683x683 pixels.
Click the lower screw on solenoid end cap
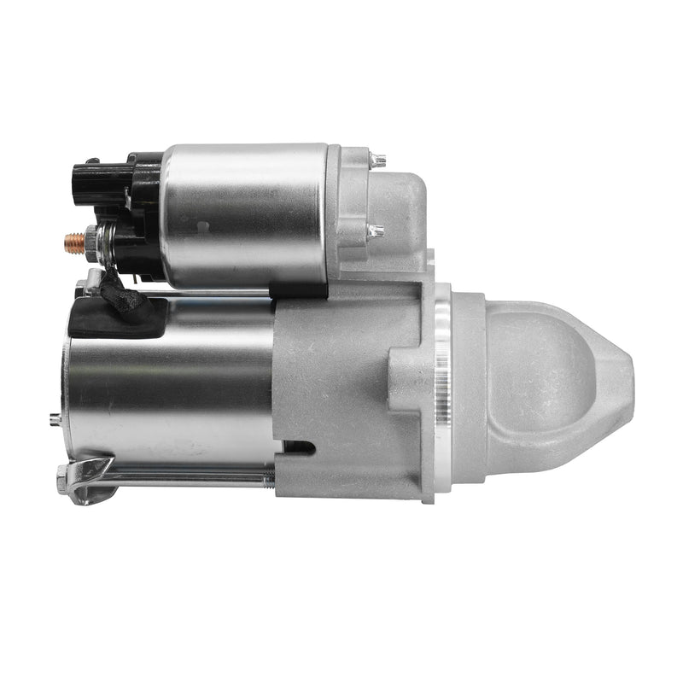(374, 231)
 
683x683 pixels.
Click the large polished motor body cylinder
(171, 384)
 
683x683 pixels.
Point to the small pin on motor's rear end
(55, 418)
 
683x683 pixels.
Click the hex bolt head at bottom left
(63, 480)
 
